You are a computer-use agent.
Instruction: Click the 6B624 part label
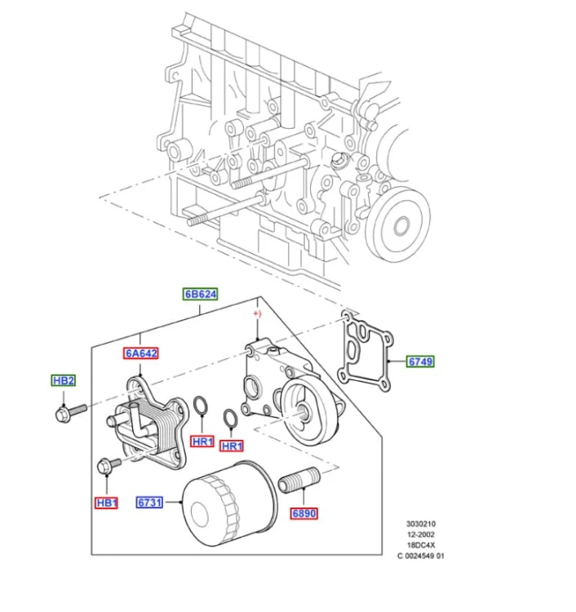(200, 294)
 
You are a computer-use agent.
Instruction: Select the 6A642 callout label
(141, 353)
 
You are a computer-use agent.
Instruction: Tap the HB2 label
(63, 380)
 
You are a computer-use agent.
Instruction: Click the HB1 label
(106, 503)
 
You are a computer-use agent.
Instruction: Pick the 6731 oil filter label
(149, 503)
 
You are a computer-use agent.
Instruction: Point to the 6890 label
(304, 513)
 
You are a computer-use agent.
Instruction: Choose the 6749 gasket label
(420, 361)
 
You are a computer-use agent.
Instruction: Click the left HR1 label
(202, 441)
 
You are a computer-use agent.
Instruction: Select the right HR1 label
(232, 446)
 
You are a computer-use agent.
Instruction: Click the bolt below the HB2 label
(71, 413)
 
